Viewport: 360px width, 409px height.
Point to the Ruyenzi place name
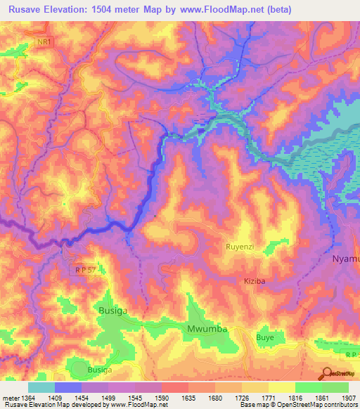pyautogui.click(x=243, y=247)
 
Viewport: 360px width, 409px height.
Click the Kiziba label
pyautogui.click(x=255, y=280)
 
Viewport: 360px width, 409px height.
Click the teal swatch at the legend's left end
pyautogui.click(x=41, y=387)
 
